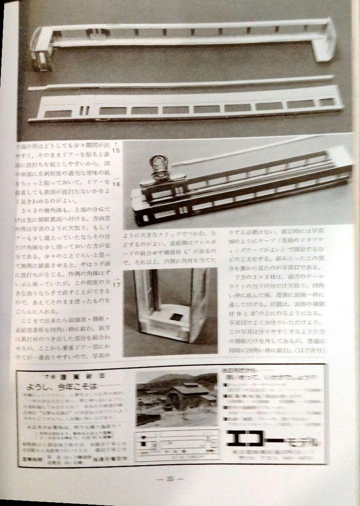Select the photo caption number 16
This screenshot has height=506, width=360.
[116, 185]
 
